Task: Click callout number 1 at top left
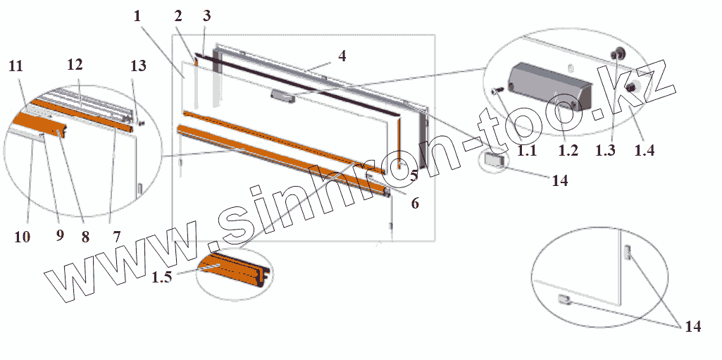point(137,16)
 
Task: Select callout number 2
point(178,16)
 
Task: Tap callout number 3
point(206,16)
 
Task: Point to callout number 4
point(342,56)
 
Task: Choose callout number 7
point(116,237)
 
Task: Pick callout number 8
point(85,237)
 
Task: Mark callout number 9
point(60,237)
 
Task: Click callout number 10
point(22,237)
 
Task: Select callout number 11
point(16,67)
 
